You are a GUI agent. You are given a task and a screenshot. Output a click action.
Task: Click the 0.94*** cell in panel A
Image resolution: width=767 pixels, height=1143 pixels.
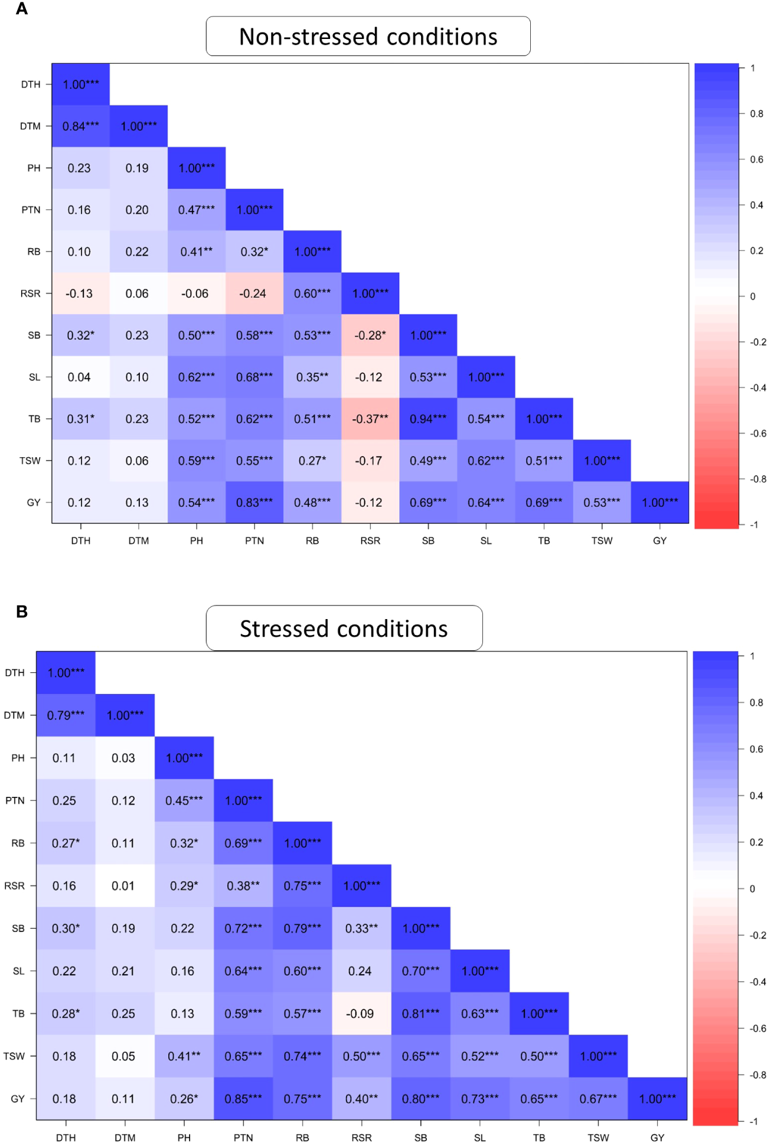[x=428, y=419]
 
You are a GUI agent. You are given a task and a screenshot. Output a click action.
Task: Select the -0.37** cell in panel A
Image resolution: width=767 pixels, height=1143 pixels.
[x=370, y=419]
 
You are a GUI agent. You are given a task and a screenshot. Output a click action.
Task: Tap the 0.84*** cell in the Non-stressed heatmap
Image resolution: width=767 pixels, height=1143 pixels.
[x=81, y=126]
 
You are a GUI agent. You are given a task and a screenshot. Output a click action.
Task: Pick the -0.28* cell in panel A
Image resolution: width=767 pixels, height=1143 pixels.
[x=370, y=335]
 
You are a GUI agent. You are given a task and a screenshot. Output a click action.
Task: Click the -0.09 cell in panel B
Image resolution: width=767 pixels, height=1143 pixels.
[x=361, y=1014]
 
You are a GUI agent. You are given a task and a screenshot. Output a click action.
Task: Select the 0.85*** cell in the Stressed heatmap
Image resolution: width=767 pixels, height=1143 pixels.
[x=243, y=1099]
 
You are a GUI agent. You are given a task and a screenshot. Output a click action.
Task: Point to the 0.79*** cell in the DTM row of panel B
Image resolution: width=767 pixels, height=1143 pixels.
[x=66, y=715]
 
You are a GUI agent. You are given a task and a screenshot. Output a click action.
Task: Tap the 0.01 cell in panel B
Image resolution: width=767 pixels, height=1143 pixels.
[x=125, y=886]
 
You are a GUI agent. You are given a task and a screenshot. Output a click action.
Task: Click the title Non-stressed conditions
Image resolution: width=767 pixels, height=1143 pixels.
[x=368, y=37]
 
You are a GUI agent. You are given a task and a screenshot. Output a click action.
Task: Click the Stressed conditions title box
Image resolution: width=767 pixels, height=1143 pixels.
[x=344, y=629]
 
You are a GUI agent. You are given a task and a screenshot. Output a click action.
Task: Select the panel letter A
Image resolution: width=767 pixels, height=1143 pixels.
[x=22, y=9]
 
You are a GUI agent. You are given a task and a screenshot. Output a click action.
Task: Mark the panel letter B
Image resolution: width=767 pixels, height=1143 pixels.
[x=22, y=612]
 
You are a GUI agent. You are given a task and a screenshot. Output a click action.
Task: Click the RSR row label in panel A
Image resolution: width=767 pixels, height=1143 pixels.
[x=31, y=294]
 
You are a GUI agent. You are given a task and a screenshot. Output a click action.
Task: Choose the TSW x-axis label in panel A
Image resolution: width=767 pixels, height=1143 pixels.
[x=602, y=540]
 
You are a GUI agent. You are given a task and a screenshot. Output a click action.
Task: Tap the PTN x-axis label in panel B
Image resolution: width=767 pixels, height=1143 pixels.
[x=243, y=1138]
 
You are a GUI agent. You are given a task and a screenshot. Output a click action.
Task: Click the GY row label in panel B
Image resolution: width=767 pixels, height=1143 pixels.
[x=18, y=1099]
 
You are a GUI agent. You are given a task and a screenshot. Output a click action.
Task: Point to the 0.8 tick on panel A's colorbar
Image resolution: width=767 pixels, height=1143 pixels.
[x=756, y=113]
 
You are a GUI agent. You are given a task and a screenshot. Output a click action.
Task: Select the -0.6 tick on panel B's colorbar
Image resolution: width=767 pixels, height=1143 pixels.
[x=758, y=1028]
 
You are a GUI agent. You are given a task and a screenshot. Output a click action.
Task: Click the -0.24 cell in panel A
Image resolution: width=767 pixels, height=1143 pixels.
[x=254, y=294]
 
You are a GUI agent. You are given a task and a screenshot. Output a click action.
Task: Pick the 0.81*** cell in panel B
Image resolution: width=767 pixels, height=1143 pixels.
[x=420, y=1014]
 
